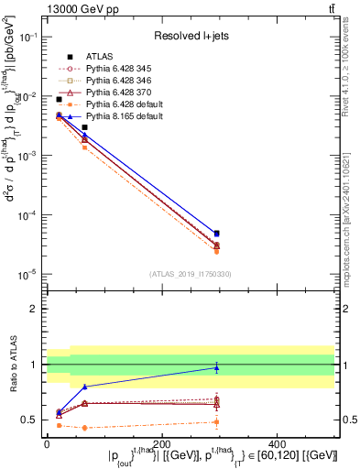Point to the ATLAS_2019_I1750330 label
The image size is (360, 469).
pyautogui.click(x=191, y=272)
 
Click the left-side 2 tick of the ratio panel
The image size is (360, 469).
pyautogui.click(x=36, y=309)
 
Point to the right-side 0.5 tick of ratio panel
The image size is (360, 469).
pyautogui.click(x=348, y=420)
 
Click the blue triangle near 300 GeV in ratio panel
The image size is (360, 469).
pyautogui.click(x=216, y=367)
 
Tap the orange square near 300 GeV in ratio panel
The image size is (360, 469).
pyautogui.click(x=216, y=421)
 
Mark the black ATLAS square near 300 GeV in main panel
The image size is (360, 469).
pyautogui.click(x=216, y=234)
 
